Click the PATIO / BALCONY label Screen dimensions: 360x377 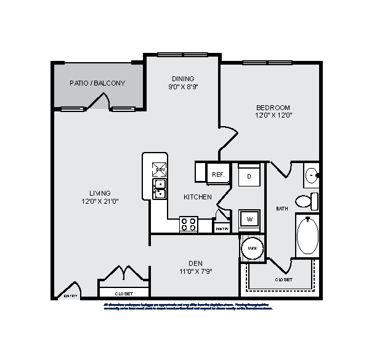tap(97, 83)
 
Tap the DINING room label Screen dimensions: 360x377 tap(183, 79)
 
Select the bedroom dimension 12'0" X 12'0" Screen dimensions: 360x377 tap(273, 115)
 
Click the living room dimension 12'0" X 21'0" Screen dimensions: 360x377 tap(99, 201)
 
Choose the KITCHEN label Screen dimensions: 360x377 tap(198, 197)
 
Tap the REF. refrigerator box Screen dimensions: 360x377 tap(218, 175)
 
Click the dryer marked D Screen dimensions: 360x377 tap(249, 176)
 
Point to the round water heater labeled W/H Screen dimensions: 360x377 tap(251, 248)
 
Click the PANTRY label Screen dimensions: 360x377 tap(222, 229)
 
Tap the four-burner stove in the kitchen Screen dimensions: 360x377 tap(189, 225)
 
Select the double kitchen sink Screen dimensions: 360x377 tap(160, 189)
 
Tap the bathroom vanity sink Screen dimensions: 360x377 tap(311, 175)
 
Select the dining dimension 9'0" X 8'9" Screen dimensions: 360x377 tap(183, 87)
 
